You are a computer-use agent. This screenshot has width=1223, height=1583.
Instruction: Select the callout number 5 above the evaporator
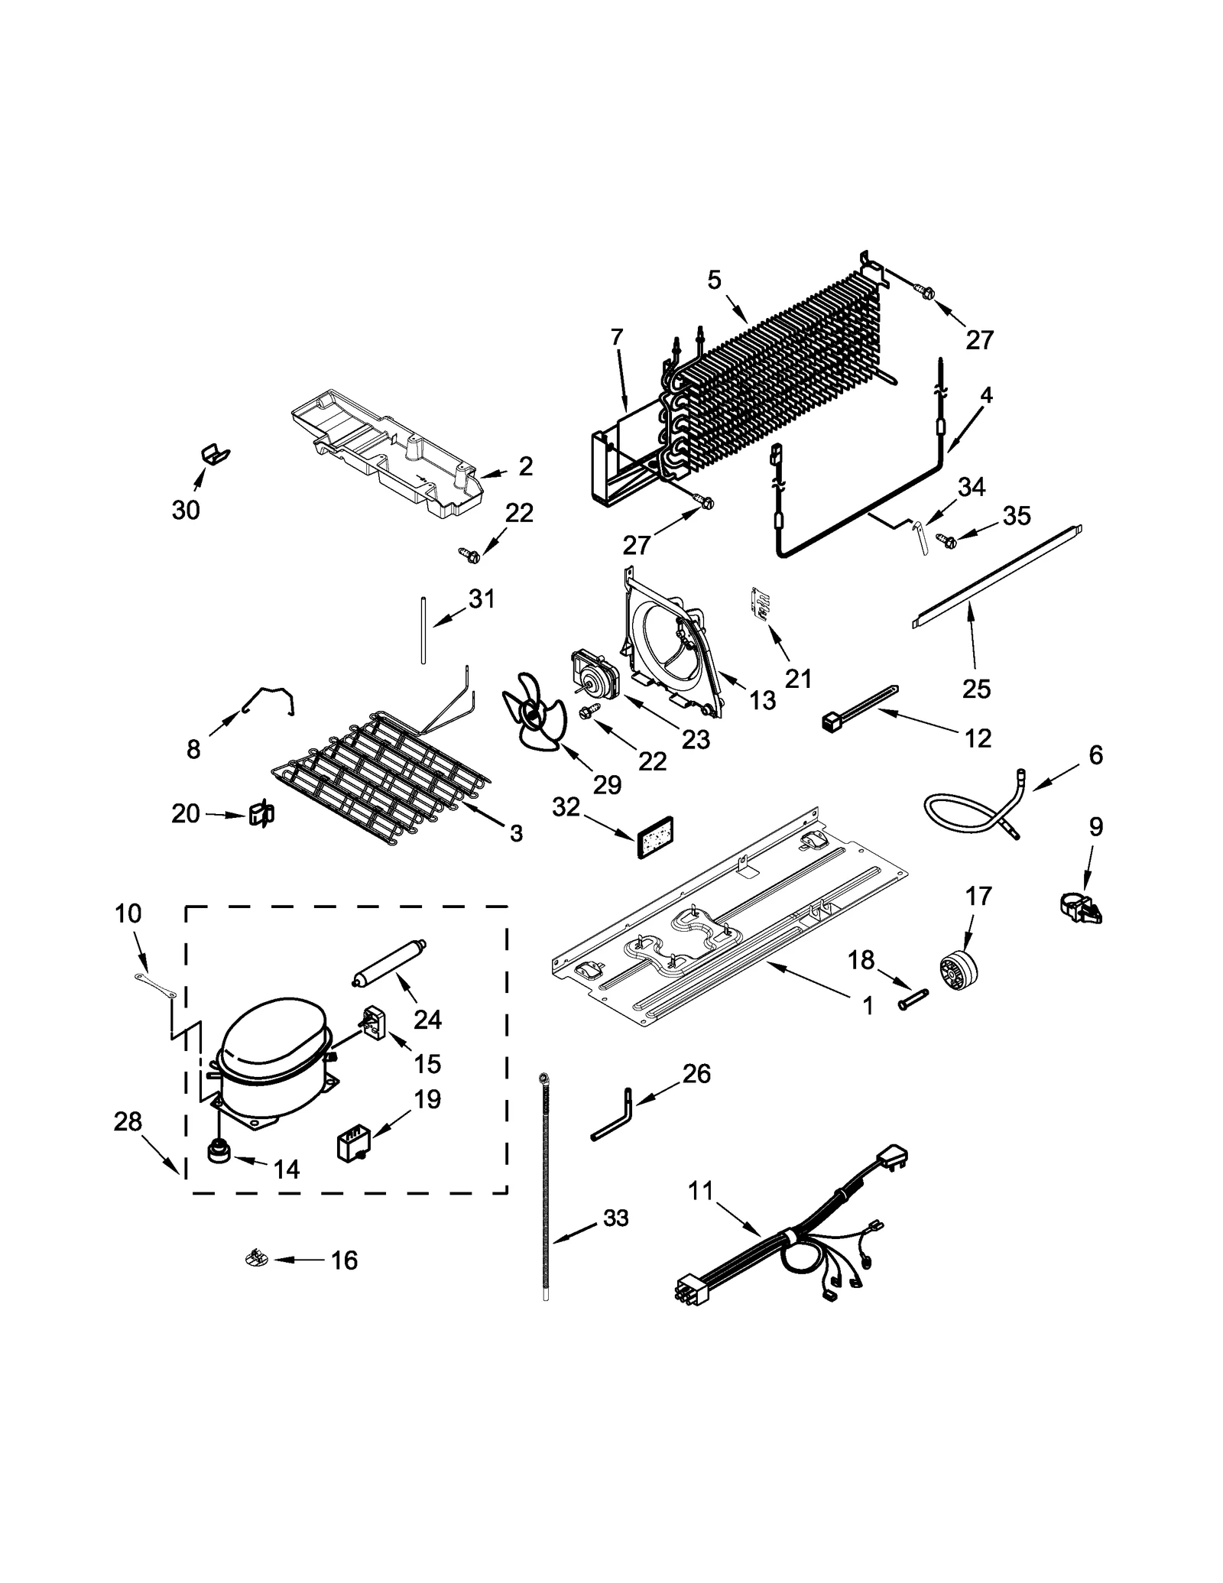[x=714, y=281]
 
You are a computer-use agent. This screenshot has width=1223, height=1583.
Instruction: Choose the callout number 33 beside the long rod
[x=615, y=1218]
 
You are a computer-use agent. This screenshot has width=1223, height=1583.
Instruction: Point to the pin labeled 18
[x=912, y=999]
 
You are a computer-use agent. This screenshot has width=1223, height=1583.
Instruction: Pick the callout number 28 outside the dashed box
[x=128, y=1121]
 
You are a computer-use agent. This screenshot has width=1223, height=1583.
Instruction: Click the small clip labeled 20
[x=261, y=815]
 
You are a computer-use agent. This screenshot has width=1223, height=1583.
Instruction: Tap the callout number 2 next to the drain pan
[x=526, y=465]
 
